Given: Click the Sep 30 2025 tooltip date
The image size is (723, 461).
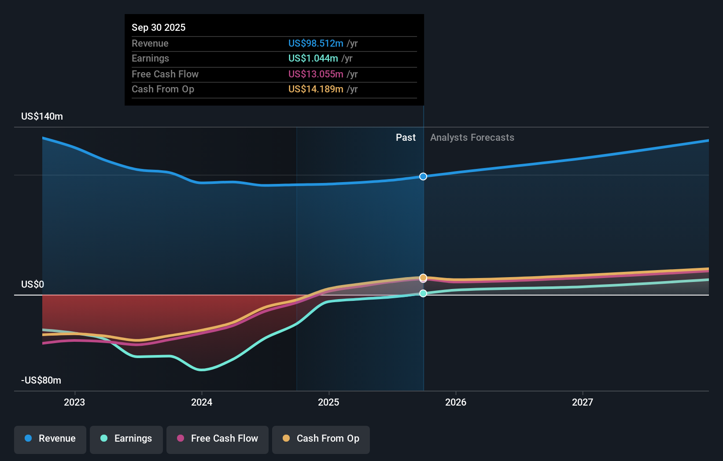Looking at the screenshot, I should [159, 27].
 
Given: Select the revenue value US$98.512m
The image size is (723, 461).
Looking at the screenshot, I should [316, 43].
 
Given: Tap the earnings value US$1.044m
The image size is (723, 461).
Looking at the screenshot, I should [313, 58].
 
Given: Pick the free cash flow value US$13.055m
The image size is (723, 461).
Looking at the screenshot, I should [316, 74].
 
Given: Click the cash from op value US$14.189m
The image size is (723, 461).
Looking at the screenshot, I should [316, 89].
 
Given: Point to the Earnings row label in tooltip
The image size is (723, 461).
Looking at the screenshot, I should [150, 58].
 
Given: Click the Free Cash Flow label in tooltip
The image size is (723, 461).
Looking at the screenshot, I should [165, 74].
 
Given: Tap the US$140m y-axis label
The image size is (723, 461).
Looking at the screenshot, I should [42, 116].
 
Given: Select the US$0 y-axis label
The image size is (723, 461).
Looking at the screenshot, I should [33, 284].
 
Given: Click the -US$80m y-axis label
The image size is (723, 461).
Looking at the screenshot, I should [41, 380].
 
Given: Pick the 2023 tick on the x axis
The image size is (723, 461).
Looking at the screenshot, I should [74, 402].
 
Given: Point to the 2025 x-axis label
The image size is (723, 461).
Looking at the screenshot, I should [328, 402].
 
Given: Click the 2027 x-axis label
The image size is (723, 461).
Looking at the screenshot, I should [582, 402].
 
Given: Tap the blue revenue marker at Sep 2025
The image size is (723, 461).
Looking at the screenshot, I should [423, 176].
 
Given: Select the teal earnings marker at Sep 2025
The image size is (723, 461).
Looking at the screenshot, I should [423, 293].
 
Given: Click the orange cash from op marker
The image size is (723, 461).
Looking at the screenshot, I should [423, 278].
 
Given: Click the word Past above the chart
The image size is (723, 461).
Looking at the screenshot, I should [406, 137].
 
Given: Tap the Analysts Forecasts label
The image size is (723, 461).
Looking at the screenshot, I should [472, 137].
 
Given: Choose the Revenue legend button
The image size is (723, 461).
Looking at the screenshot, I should [50, 439].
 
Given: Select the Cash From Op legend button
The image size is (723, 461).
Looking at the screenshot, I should [321, 439].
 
